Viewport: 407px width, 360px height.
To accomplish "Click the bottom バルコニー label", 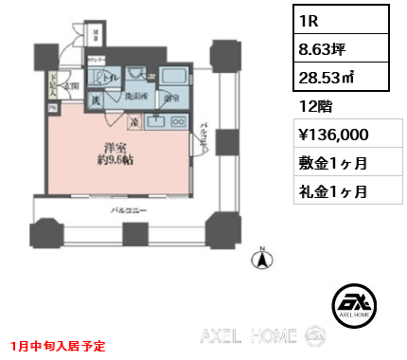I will [x=128, y=209].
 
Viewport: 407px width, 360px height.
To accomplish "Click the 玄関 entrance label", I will [x=70, y=86].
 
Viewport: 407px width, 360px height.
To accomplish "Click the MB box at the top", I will [x=98, y=36].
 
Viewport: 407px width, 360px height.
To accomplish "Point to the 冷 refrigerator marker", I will [x=135, y=122].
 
